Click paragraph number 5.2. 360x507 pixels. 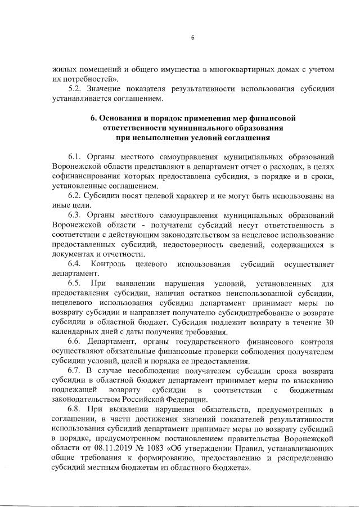click(75, 89)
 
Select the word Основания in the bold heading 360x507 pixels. click(124, 118)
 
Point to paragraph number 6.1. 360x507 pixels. click(75, 155)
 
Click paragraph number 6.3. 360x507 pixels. click(75, 215)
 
